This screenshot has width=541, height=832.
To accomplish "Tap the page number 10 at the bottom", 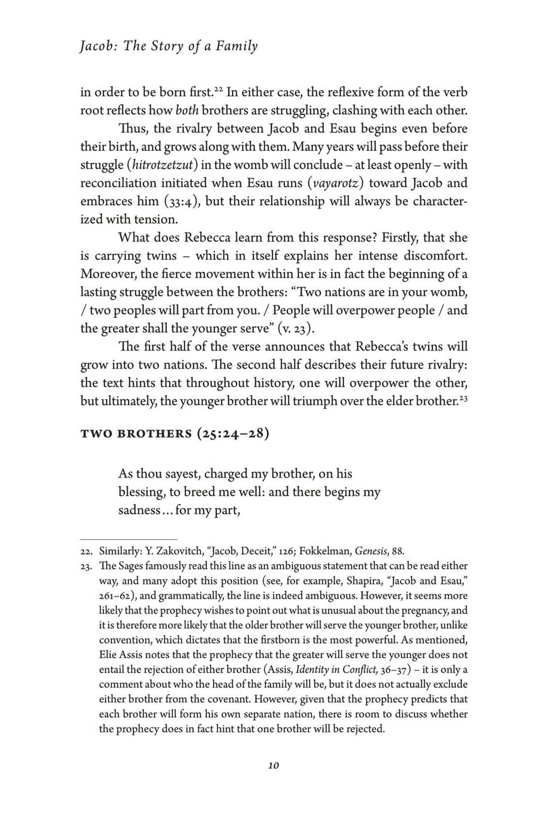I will click(x=273, y=766).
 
